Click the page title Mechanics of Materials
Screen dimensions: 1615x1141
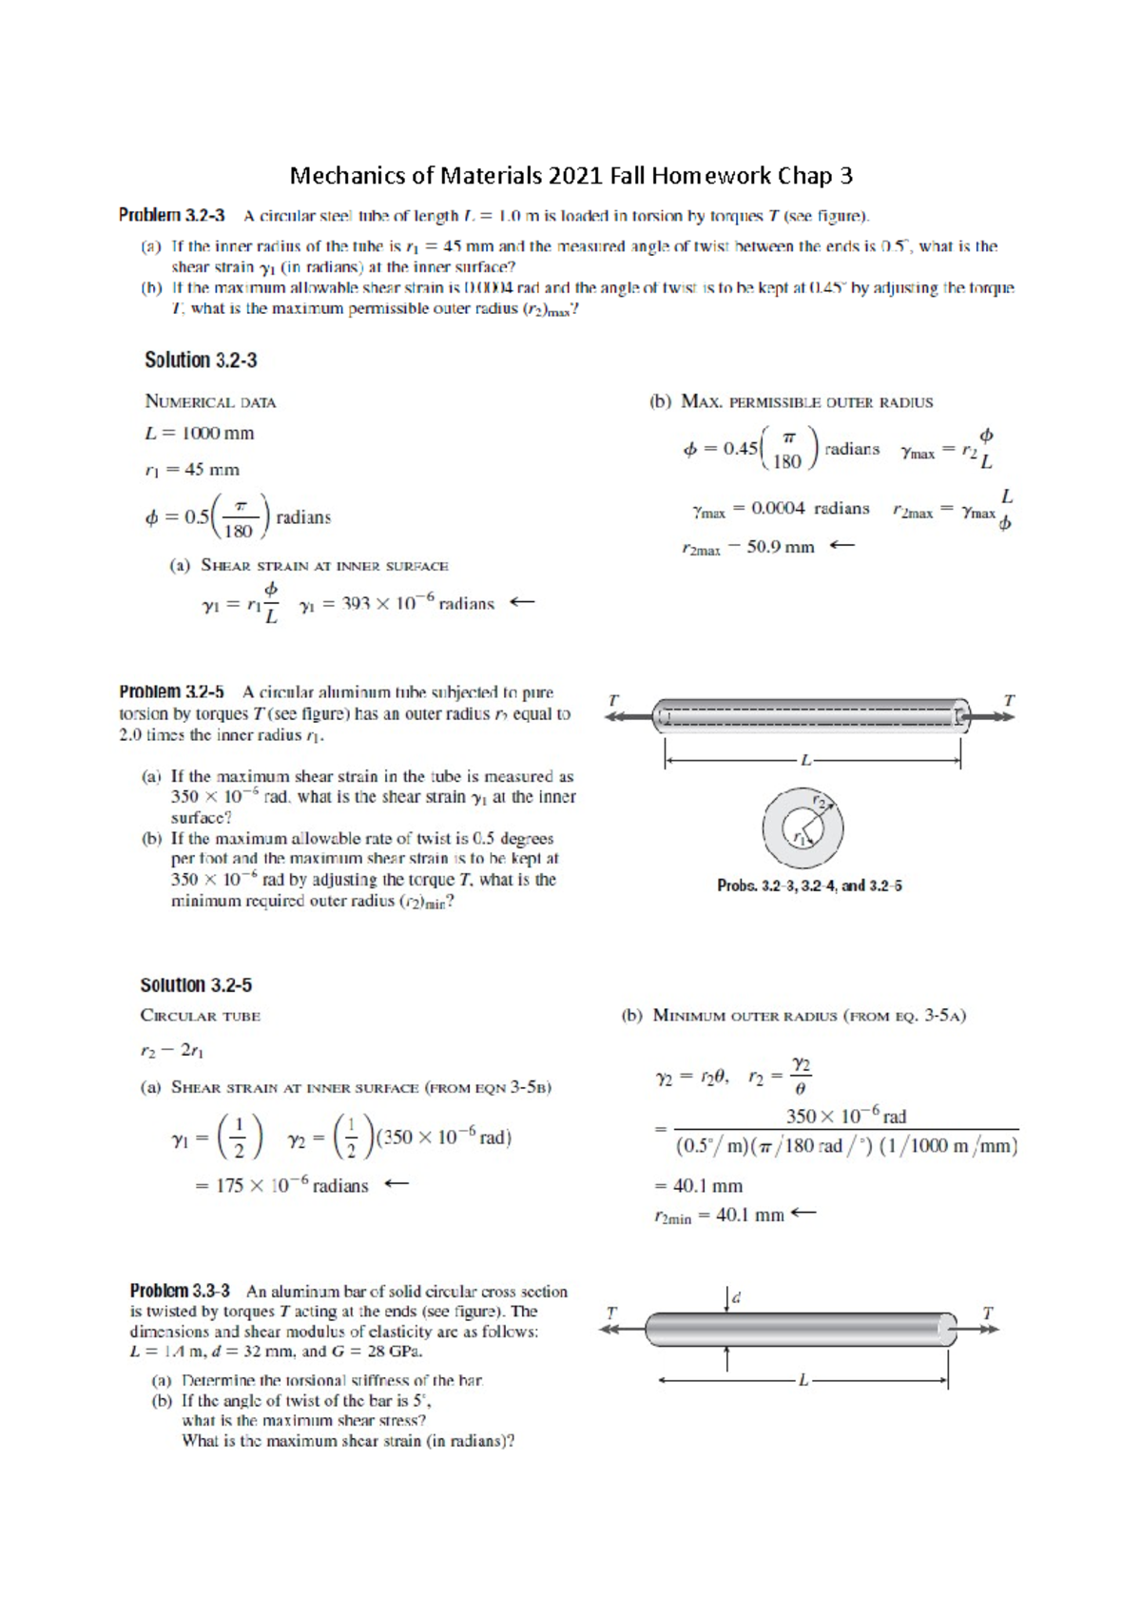(570, 176)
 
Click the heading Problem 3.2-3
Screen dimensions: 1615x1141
(171, 216)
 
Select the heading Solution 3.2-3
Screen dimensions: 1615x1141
(201, 360)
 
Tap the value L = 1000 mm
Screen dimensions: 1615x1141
(199, 434)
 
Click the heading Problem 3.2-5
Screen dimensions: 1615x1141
(171, 692)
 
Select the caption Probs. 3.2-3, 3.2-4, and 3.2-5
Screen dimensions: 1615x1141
(809, 885)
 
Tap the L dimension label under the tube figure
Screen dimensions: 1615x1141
(805, 760)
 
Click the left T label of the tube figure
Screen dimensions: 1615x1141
(613, 700)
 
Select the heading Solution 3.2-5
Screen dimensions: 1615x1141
(196, 985)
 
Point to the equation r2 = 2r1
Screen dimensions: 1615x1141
(172, 1051)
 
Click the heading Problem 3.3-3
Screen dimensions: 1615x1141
(180, 1292)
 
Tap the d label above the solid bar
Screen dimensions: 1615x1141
(736, 1297)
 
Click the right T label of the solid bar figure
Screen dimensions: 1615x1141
(987, 1313)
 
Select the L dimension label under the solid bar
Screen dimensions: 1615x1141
(803, 1379)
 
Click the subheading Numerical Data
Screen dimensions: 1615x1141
(210, 402)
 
